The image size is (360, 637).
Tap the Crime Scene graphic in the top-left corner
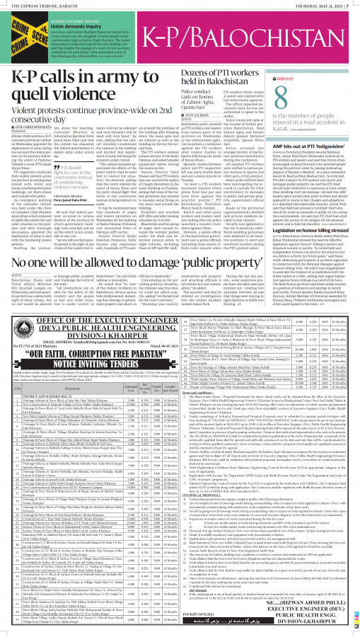(23, 30)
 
